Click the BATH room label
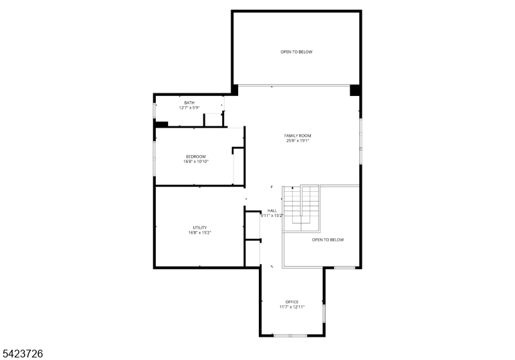pos(189,102)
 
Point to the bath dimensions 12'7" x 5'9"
pos(189,108)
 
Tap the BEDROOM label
pos(196,156)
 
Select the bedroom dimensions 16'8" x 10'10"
pos(196,162)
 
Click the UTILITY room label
pos(200,227)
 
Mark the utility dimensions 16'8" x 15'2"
pos(200,232)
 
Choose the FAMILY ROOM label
pos(298,135)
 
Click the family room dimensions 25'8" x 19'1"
pos(298,140)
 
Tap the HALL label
pos(272,211)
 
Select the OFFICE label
pos(292,302)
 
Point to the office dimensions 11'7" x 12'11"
pos(292,307)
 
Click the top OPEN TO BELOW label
pos(296,52)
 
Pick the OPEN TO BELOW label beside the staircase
pos(328,240)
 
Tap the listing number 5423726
pos(23,354)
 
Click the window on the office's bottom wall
pos(290,335)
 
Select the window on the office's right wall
pos(324,313)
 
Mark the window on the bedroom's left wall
pos(154,157)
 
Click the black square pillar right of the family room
pos(354,90)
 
